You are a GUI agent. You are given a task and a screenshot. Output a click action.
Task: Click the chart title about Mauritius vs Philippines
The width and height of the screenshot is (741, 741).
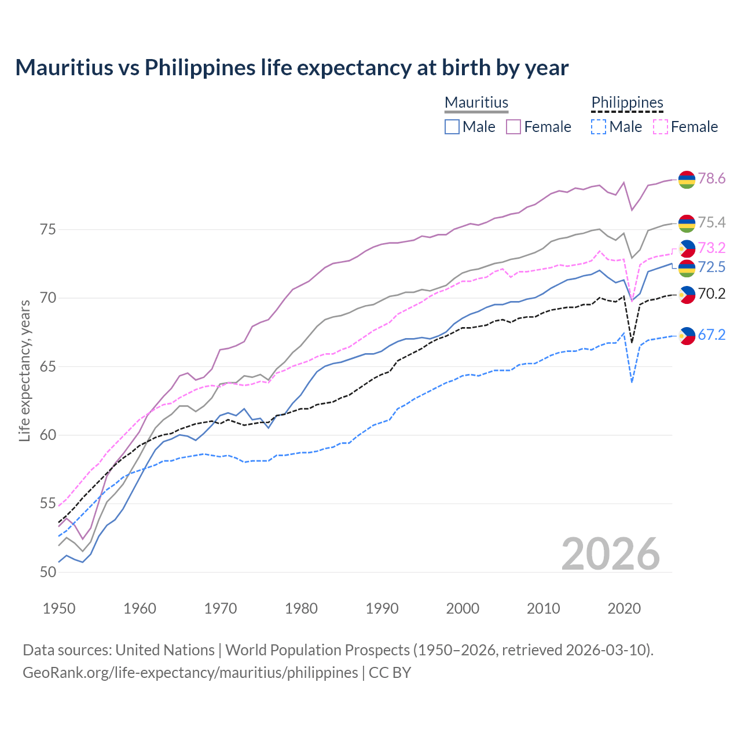[292, 68]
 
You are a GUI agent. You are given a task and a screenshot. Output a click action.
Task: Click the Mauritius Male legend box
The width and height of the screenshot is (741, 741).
[452, 127]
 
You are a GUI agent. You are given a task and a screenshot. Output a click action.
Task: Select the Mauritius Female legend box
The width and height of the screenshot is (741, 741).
[513, 127]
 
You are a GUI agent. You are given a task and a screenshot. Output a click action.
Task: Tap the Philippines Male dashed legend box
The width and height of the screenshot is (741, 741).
[599, 127]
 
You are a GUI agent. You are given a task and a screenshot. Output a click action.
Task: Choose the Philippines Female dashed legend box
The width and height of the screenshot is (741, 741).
[660, 127]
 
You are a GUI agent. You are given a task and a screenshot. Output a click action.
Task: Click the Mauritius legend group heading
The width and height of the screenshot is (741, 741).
[476, 102]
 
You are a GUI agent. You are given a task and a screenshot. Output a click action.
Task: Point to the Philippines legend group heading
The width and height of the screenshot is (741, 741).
[627, 102]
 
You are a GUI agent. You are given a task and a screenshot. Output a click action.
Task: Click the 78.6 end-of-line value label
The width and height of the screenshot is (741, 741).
[711, 178]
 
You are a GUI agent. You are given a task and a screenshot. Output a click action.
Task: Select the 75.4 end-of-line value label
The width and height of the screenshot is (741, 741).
[711, 222]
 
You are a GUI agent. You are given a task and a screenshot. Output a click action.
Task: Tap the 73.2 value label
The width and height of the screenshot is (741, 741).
[711, 248]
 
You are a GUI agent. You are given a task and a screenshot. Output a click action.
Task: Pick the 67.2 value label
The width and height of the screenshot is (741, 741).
[711, 335]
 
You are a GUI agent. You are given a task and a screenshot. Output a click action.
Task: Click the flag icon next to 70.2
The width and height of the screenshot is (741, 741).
[687, 294]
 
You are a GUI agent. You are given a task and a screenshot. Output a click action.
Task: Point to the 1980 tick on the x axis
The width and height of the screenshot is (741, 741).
[301, 608]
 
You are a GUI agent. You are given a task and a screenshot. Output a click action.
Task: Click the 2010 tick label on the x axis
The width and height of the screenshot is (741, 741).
[543, 608]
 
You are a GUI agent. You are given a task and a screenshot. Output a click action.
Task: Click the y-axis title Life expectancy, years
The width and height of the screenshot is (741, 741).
[24, 370]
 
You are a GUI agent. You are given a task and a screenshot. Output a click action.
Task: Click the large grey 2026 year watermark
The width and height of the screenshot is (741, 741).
[610, 554]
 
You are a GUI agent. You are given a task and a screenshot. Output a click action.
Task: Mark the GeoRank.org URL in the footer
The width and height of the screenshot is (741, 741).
[190, 673]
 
